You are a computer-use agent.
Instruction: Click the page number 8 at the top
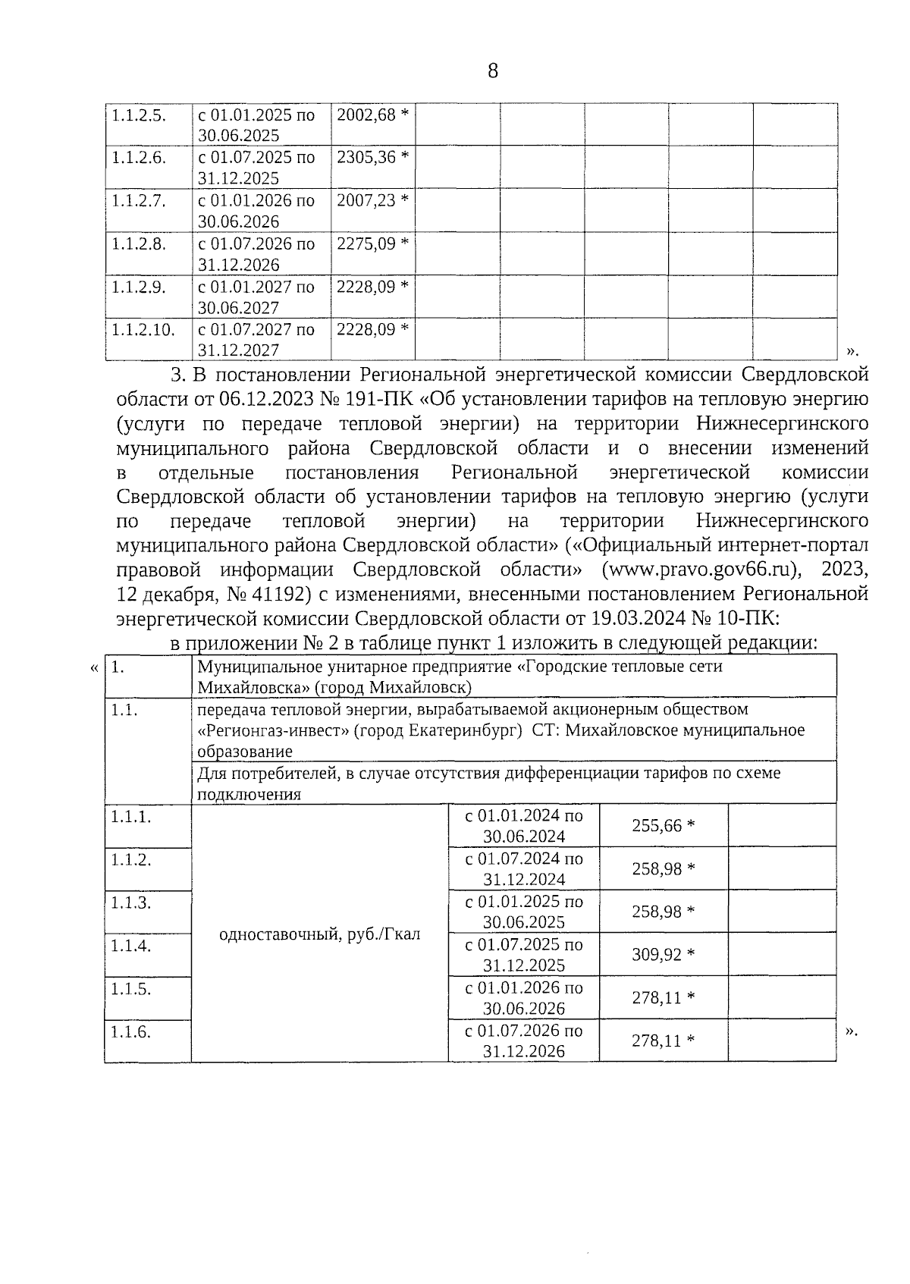point(493,71)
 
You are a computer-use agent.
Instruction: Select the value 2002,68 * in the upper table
point(372,115)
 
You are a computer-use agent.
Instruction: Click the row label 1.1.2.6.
point(139,158)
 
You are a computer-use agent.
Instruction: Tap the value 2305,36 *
point(372,158)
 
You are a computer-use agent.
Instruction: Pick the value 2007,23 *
point(372,201)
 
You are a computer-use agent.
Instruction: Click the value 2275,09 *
point(372,244)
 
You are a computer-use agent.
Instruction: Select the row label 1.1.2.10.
point(143,330)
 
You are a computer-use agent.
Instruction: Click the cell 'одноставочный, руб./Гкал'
point(319,934)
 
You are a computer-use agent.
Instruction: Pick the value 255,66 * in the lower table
point(663,826)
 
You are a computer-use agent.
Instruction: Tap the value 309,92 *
point(663,955)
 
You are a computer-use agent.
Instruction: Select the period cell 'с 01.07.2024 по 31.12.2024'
point(524,869)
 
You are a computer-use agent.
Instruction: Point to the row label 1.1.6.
point(131,1032)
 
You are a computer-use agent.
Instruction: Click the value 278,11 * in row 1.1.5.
point(663,998)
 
